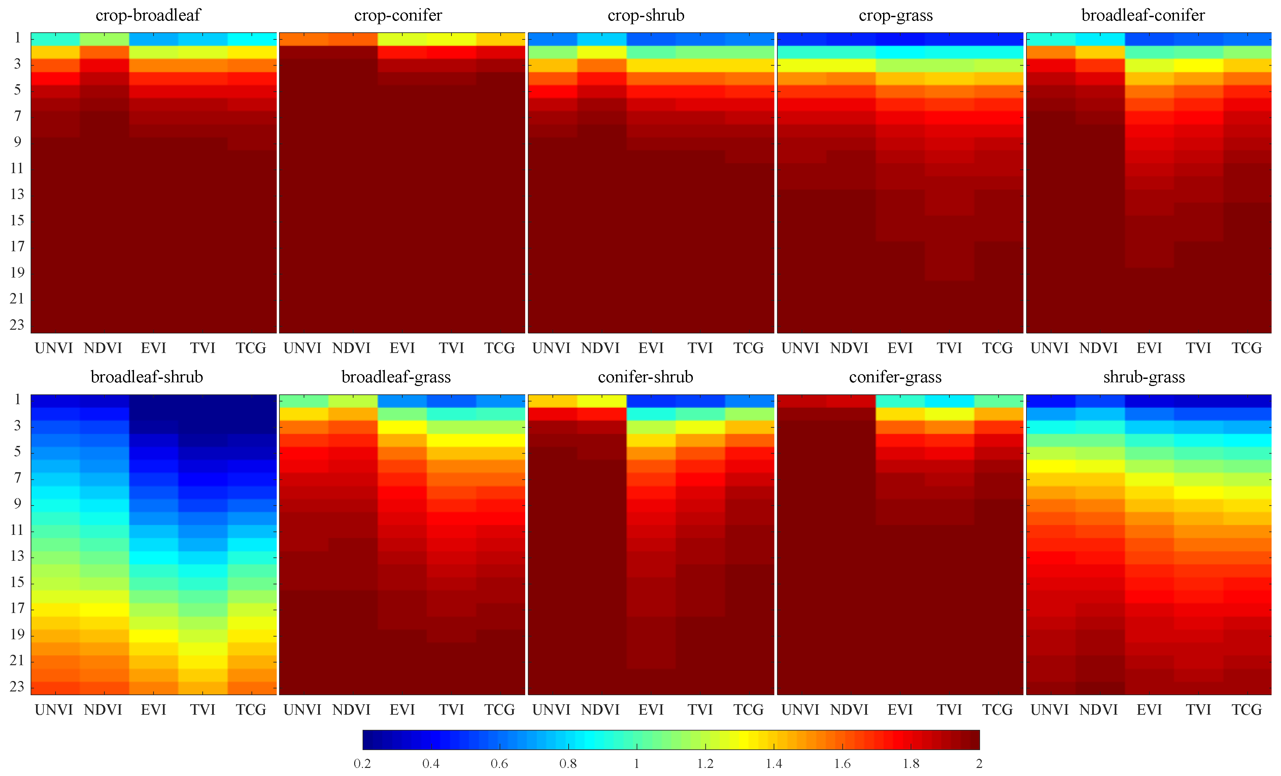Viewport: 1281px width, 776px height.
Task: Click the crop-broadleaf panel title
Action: (x=148, y=15)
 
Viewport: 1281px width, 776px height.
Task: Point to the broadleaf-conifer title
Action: (x=1143, y=15)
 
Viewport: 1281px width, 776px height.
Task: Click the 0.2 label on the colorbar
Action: (x=362, y=764)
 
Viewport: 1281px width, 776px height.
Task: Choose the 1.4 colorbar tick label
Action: (x=774, y=764)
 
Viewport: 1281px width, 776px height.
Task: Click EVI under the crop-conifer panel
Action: (x=402, y=348)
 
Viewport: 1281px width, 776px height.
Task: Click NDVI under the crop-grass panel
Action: (x=849, y=348)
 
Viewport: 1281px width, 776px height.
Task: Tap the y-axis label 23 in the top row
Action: (x=17, y=325)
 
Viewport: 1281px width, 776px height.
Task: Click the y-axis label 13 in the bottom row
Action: (x=17, y=556)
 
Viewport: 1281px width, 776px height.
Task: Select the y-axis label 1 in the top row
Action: (x=17, y=38)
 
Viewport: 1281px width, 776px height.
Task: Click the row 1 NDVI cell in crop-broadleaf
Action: (x=104, y=39)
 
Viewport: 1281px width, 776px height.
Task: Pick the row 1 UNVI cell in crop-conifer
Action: (x=304, y=39)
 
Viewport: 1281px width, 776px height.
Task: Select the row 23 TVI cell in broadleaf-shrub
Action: (x=203, y=687)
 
